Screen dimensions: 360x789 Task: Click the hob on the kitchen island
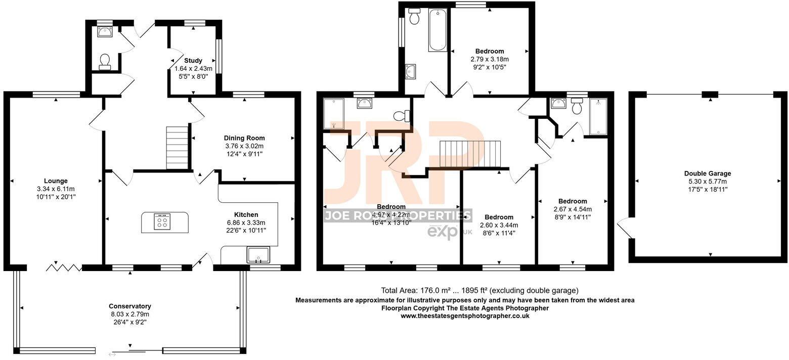pyautogui.click(x=162, y=222)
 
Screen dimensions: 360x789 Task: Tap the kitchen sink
pyautogui.click(x=259, y=255)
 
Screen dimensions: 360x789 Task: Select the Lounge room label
pyautogui.click(x=56, y=181)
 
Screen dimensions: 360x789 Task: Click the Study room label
pyautogui.click(x=193, y=61)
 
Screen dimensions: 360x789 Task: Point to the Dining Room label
pyautogui.click(x=244, y=138)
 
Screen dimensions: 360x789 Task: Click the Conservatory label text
pyautogui.click(x=130, y=306)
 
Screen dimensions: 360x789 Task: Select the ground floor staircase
pyautogui.click(x=177, y=148)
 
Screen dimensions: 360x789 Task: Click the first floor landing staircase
pyautogui.click(x=470, y=153)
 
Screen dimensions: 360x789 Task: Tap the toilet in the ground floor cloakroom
pyautogui.click(x=105, y=61)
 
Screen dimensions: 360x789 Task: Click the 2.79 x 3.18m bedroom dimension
pyautogui.click(x=489, y=59)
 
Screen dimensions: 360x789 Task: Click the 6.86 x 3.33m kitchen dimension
pyautogui.click(x=246, y=222)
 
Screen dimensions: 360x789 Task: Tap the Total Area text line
pyautogui.click(x=479, y=291)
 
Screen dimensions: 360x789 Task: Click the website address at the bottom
pyautogui.click(x=465, y=316)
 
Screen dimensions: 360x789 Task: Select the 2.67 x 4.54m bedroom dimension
pyautogui.click(x=573, y=209)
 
